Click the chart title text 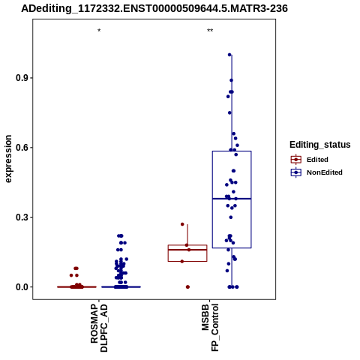tap(154, 8)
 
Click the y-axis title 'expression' tap(8, 159)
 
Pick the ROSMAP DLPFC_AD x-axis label tap(99, 328)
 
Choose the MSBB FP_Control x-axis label tap(210, 328)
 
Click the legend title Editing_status tap(320, 145)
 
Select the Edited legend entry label tap(317, 160)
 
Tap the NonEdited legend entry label tap(325, 172)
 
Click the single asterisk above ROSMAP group tap(99, 31)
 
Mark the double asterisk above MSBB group tap(210, 31)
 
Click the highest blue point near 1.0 tap(229, 55)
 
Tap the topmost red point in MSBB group tap(182, 224)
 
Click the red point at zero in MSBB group tap(187, 287)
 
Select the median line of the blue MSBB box tap(232, 199)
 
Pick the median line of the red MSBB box tap(187, 250)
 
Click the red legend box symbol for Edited tap(296, 160)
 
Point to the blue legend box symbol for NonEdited tap(296, 172)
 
